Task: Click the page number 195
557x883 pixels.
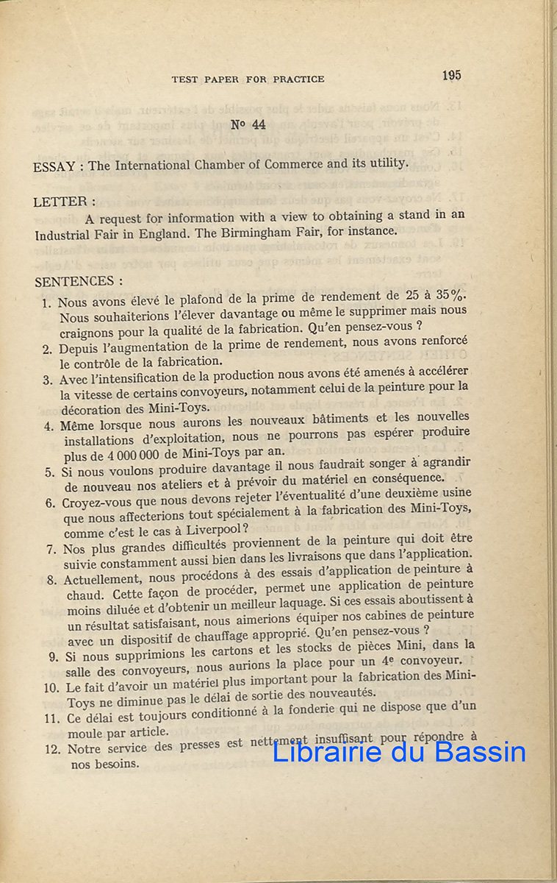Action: (x=452, y=75)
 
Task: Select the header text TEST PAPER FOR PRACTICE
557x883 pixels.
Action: (x=248, y=79)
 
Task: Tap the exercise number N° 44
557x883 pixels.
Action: (x=248, y=124)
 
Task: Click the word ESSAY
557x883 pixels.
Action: (x=54, y=167)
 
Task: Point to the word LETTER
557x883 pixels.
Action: (x=63, y=201)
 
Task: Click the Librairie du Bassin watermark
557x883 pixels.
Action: (x=399, y=751)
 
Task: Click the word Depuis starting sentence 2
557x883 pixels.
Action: (x=79, y=348)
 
